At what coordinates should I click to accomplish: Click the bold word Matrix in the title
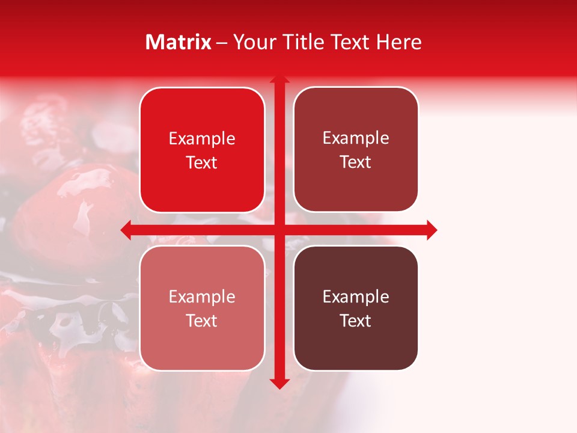click(x=179, y=42)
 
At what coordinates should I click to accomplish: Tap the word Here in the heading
click(x=398, y=42)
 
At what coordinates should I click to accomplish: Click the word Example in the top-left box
click(x=202, y=139)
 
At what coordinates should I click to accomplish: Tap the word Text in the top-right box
click(x=356, y=162)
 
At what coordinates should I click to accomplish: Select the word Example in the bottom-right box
click(x=356, y=296)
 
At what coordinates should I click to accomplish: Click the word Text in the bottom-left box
click(x=202, y=321)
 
